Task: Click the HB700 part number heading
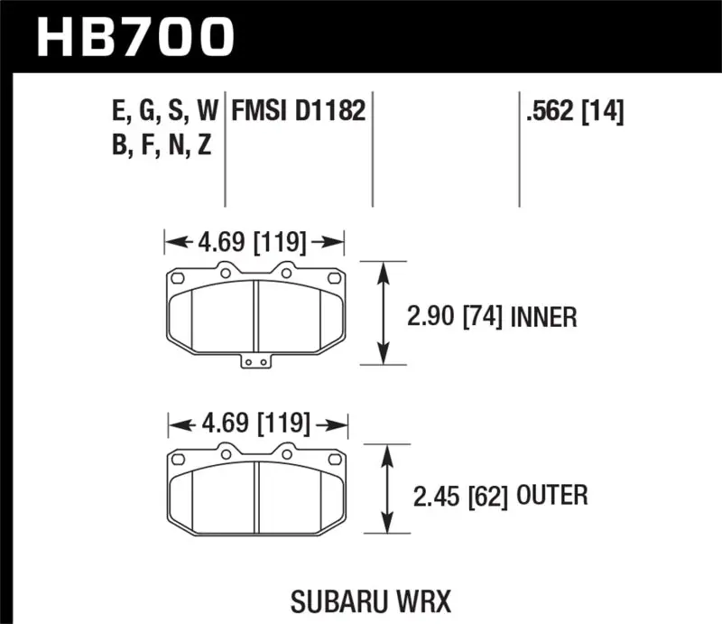pos(135,36)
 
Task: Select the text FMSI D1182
pos(298,112)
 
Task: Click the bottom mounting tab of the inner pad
pos(256,361)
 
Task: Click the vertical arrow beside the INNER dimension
pos(386,312)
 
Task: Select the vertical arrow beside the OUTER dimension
pos(389,488)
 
